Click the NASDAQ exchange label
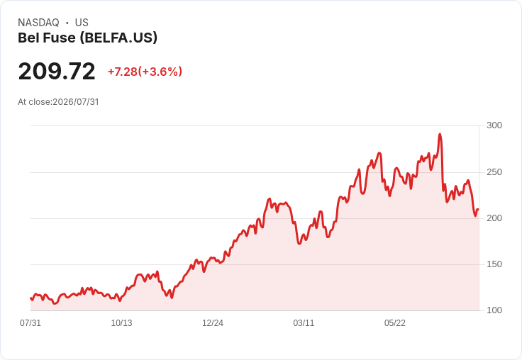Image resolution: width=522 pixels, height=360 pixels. point(38,23)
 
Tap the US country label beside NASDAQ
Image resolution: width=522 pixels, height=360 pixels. point(82,23)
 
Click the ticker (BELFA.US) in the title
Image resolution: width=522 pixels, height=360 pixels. point(118,38)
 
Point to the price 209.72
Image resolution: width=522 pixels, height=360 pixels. point(57,71)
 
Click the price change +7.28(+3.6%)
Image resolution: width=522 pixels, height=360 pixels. point(145,72)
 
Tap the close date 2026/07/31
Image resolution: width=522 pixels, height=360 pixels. point(76,102)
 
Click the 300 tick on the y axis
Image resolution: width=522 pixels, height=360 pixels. point(494,125)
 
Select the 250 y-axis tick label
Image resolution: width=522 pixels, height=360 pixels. point(494,172)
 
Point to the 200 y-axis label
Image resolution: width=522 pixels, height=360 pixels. point(494,218)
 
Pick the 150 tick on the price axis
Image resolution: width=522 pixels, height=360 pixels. point(494,264)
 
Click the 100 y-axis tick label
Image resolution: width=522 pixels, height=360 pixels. point(494,310)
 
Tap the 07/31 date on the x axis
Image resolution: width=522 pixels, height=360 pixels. point(30,323)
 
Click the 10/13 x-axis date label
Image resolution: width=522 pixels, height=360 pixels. point(121,323)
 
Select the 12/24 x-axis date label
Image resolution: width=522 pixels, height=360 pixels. point(213,323)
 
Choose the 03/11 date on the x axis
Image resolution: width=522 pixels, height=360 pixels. point(304,323)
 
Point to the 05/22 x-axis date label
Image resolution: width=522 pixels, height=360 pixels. point(395,323)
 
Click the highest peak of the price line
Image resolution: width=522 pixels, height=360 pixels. point(440,135)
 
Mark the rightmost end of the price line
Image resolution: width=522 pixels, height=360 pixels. point(479,209)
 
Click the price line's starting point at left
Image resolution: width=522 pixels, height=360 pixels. point(30,298)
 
